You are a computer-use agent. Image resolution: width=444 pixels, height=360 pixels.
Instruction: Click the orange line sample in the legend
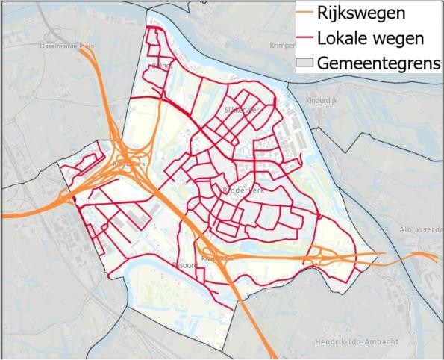pos(300,13)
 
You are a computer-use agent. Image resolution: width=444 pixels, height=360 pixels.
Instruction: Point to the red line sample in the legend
pos(300,38)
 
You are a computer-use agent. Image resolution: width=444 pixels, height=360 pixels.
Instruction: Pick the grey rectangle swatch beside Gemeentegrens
pos(300,63)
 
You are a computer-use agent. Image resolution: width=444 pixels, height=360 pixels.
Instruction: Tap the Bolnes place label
pos(161,66)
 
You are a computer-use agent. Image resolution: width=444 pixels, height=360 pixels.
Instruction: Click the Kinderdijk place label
pos(324,99)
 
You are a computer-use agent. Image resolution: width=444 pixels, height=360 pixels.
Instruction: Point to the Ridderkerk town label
pos(240,191)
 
